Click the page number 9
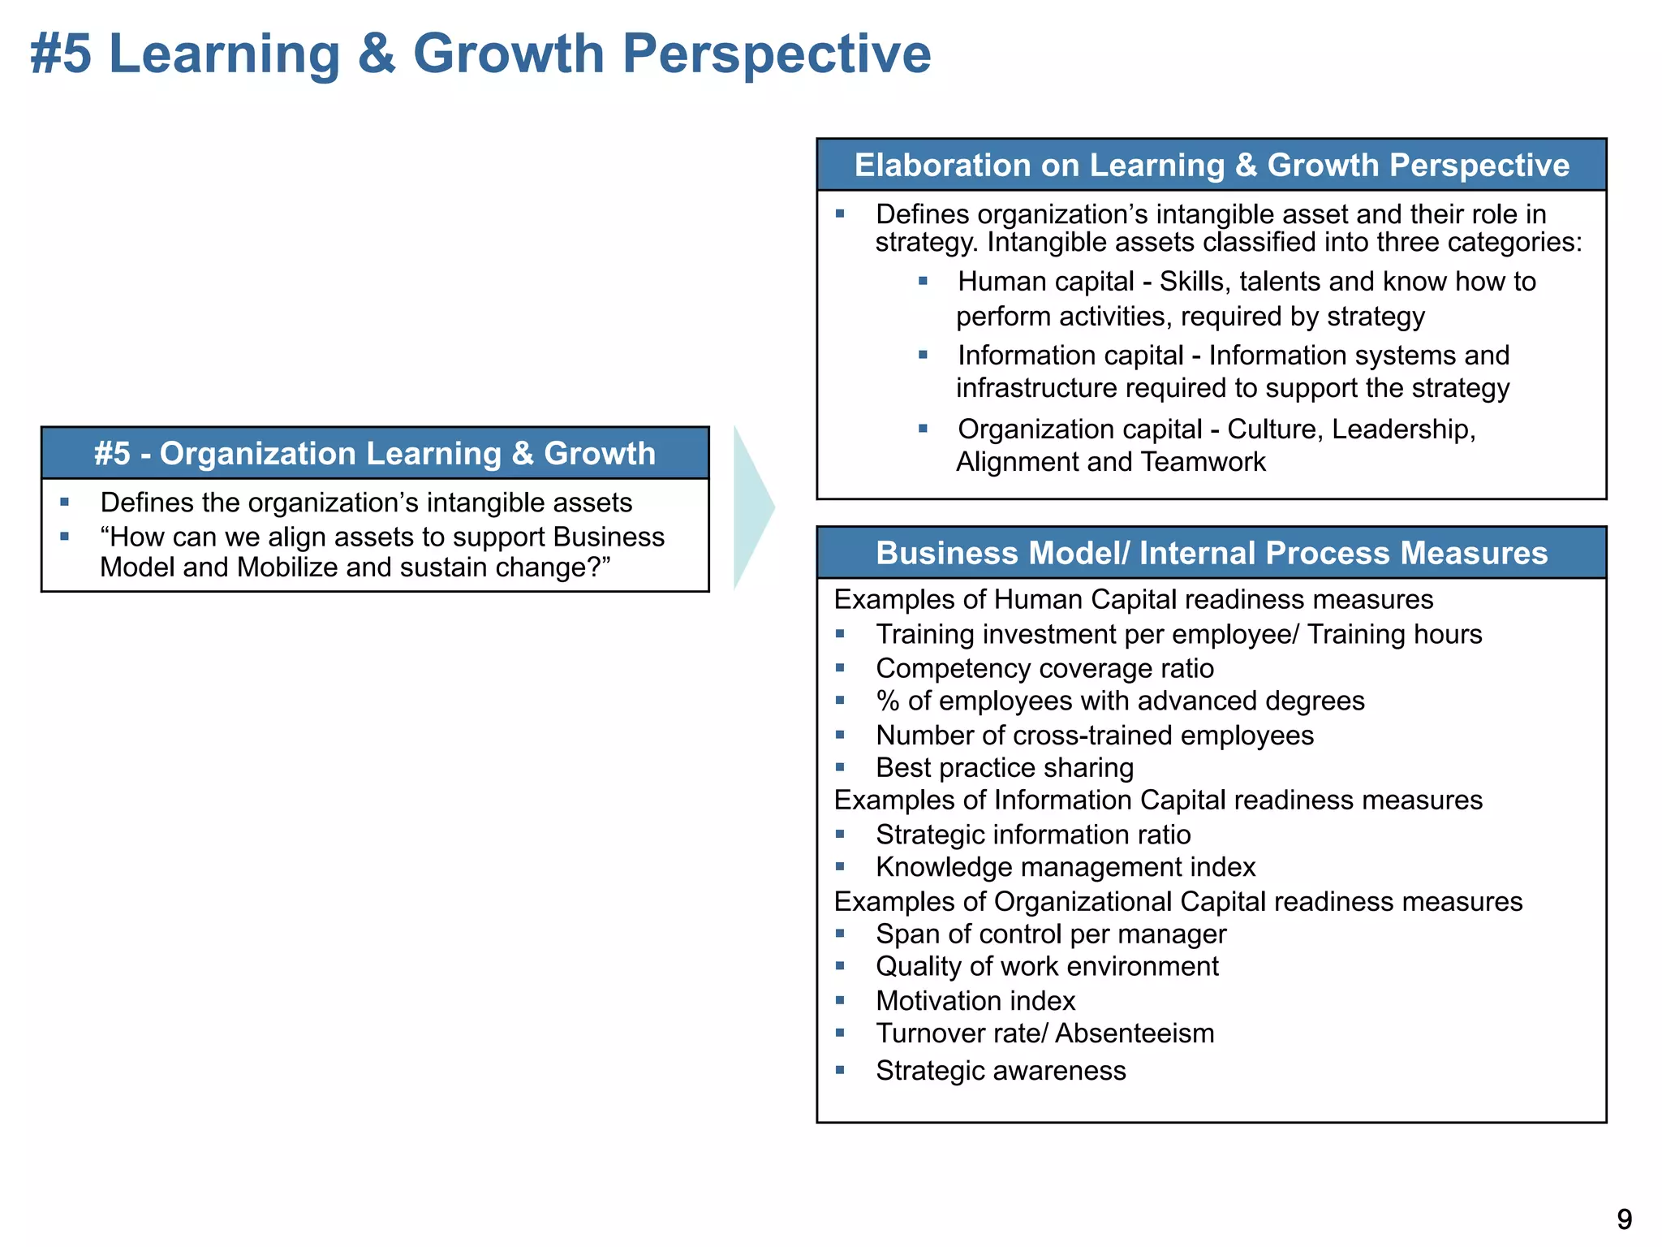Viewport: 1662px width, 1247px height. (x=1624, y=1219)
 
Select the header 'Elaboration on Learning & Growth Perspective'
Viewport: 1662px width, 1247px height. (x=1211, y=165)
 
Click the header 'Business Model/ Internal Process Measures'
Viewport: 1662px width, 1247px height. (x=1211, y=553)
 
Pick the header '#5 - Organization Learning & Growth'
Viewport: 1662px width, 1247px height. (x=374, y=453)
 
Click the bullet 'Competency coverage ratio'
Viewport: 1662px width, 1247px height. (x=1044, y=668)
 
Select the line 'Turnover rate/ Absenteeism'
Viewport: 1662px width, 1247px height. (x=1044, y=1033)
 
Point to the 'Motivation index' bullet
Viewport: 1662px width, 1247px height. (x=975, y=1000)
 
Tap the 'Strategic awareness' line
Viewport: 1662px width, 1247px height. (x=1000, y=1071)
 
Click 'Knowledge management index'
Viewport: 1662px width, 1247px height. (x=1065, y=867)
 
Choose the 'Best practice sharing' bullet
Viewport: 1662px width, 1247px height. (x=1004, y=767)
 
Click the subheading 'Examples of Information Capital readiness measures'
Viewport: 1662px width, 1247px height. (x=1157, y=800)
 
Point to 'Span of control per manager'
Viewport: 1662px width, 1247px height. (x=1050, y=934)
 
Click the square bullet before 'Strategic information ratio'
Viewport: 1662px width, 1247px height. (x=840, y=834)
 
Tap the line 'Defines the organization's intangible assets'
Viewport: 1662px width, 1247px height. (x=365, y=503)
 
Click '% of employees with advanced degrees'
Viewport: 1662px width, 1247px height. (x=1120, y=701)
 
